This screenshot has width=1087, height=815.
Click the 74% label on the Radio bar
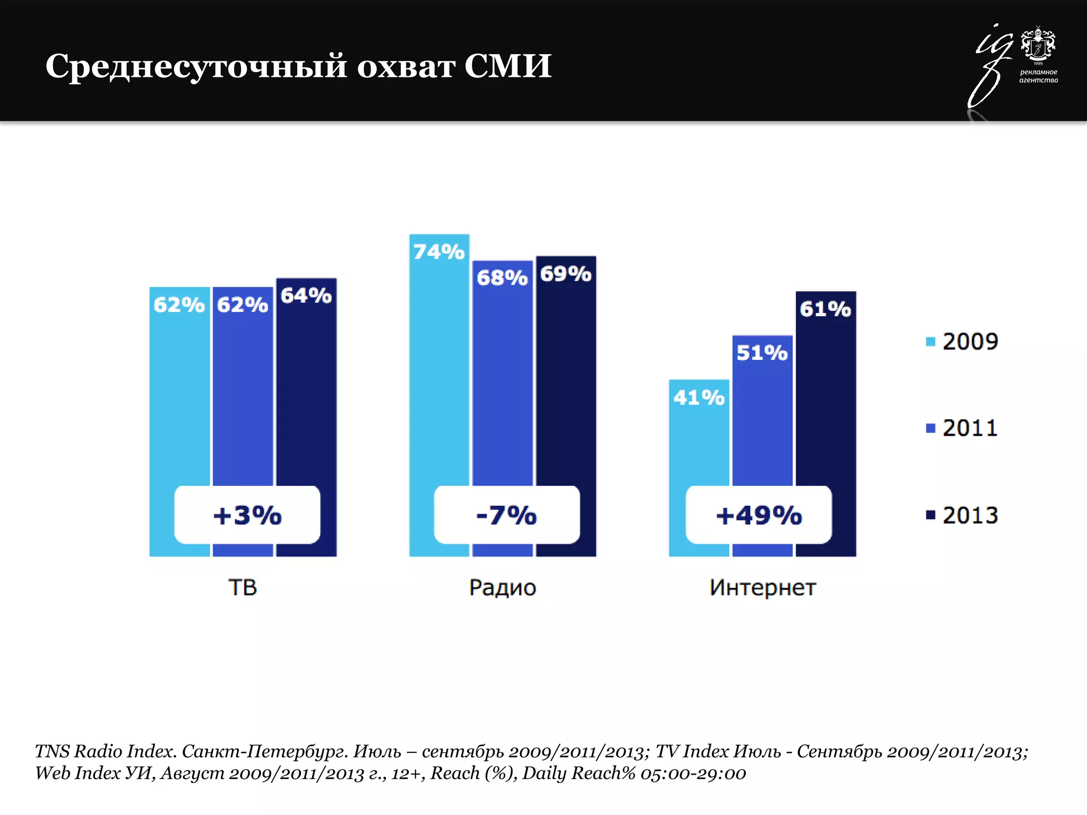click(x=439, y=252)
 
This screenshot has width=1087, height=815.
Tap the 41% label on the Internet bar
click(x=698, y=397)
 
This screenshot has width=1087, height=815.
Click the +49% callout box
click(x=758, y=515)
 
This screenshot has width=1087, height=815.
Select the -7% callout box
click(x=506, y=515)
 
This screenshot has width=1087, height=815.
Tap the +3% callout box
click(x=247, y=515)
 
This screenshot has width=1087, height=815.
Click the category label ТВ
click(x=243, y=587)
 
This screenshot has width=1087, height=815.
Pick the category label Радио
click(x=503, y=587)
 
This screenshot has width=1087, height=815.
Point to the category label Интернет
click(x=763, y=587)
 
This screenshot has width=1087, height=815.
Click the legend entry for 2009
click(x=962, y=341)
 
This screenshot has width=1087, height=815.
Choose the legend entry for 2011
click(x=962, y=428)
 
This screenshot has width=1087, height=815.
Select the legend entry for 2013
click(x=962, y=515)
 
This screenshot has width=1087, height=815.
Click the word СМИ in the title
click(x=508, y=66)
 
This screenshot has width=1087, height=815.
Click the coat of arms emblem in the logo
click(x=1038, y=44)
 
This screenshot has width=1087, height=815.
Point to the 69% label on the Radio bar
click(x=566, y=274)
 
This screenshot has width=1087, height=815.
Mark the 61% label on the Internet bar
click(x=825, y=309)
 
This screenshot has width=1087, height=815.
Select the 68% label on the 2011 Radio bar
click(x=502, y=278)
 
